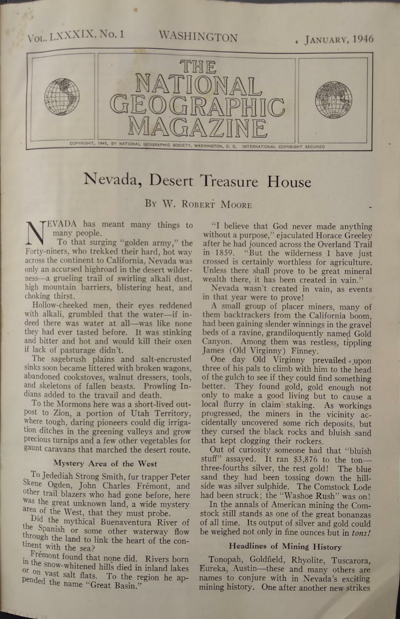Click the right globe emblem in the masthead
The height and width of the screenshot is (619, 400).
coord(334,100)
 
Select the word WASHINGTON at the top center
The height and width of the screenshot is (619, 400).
coord(198,37)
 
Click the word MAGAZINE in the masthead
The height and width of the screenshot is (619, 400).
coord(198,126)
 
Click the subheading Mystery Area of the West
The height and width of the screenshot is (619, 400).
coord(105,463)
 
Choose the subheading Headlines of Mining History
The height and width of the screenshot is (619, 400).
coord(285,547)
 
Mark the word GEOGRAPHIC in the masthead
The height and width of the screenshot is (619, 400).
coord(197,106)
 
